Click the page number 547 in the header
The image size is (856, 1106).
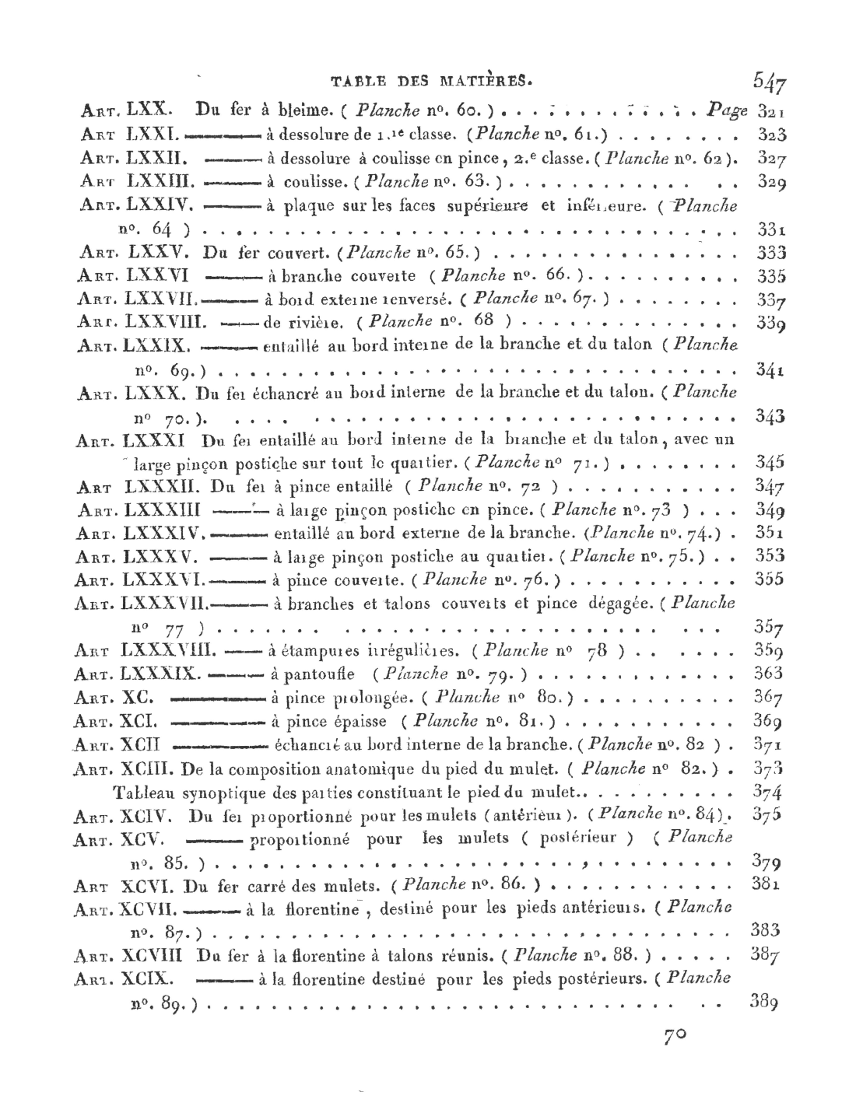pos(770,82)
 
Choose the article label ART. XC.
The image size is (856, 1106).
pos(116,697)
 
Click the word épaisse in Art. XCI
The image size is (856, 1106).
pos(359,721)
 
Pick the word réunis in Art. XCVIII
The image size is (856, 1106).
pos(463,954)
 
